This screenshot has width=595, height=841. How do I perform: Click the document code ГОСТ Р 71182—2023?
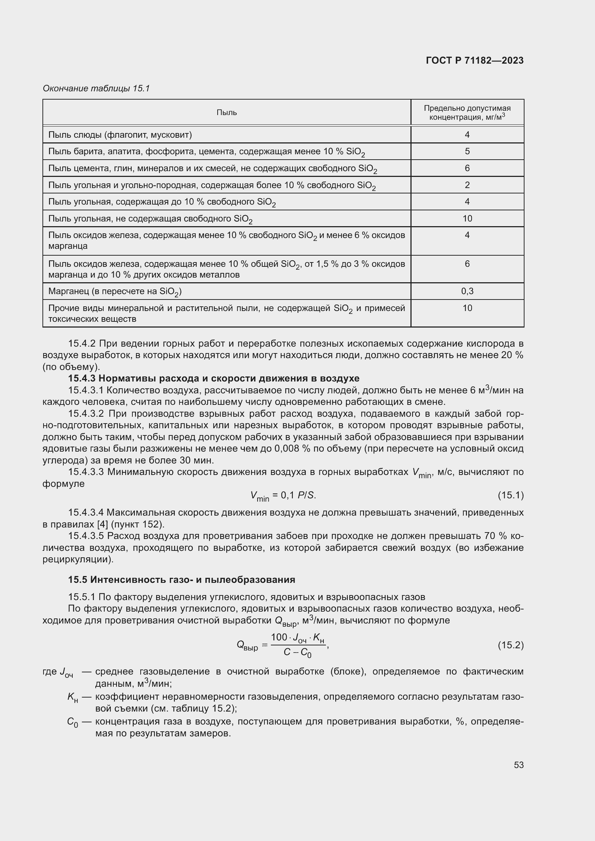point(474,60)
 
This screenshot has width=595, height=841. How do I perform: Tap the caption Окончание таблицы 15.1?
point(96,88)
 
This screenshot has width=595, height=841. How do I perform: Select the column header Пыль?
point(226,113)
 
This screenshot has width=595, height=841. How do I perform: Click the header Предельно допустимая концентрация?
point(467,113)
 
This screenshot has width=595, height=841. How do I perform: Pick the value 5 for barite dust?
point(467,151)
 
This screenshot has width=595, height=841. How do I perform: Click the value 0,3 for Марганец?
point(467,291)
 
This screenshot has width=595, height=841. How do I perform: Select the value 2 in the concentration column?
point(467,185)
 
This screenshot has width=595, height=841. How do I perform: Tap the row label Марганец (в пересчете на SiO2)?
point(115,292)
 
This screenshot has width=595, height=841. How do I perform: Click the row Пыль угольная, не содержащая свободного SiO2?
point(150,219)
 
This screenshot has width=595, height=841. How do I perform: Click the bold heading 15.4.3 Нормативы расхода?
point(214,378)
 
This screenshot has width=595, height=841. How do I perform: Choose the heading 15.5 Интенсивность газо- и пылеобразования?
point(181,580)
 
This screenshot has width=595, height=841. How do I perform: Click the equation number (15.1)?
point(510,495)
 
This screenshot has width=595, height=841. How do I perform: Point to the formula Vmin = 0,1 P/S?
point(283,496)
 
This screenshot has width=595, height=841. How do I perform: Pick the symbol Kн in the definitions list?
point(73,698)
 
